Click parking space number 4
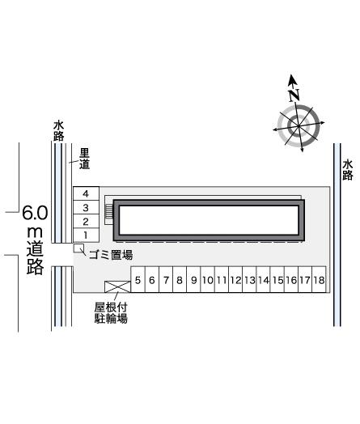(86, 193)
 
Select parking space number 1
(86, 235)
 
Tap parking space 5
(138, 280)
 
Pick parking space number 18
(319, 280)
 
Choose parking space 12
(235, 280)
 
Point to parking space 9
(193, 280)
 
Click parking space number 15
(277, 280)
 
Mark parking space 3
(86, 207)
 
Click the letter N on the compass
(294, 95)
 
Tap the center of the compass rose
(299, 126)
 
